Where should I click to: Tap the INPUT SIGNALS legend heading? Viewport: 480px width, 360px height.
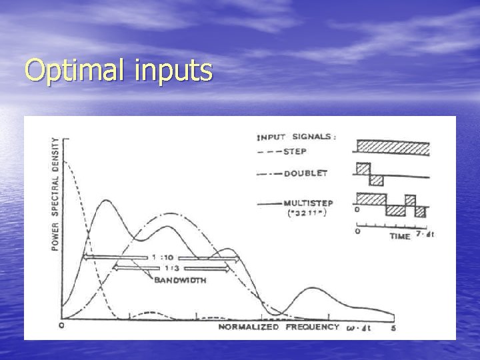[296, 137]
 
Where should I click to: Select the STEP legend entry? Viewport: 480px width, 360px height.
[296, 151]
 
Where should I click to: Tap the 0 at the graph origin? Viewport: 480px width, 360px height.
[61, 325]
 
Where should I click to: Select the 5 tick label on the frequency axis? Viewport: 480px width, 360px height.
[394, 327]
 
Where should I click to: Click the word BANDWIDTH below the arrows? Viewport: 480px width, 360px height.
[180, 280]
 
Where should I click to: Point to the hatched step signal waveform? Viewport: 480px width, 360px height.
[392, 147]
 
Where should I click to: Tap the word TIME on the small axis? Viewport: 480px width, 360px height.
[400, 237]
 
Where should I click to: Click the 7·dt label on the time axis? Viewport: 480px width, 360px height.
[425, 234]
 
